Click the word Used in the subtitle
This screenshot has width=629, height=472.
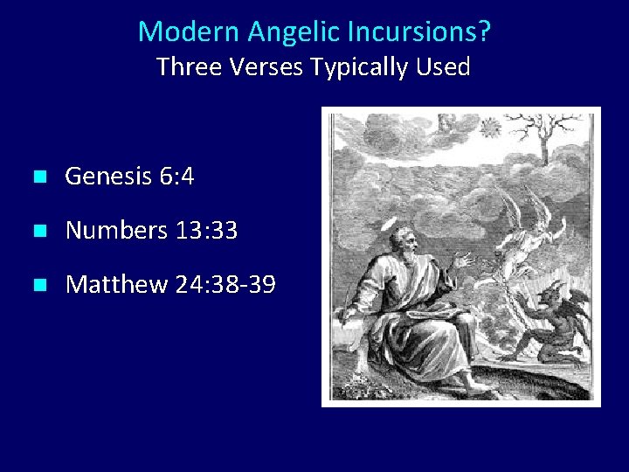point(444,66)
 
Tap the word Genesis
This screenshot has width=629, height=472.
point(109,177)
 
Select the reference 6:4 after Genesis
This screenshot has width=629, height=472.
point(177,177)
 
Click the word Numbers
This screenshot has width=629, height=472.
point(116,232)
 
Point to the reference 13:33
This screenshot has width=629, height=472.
point(207,232)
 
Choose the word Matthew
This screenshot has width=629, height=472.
point(116,285)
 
